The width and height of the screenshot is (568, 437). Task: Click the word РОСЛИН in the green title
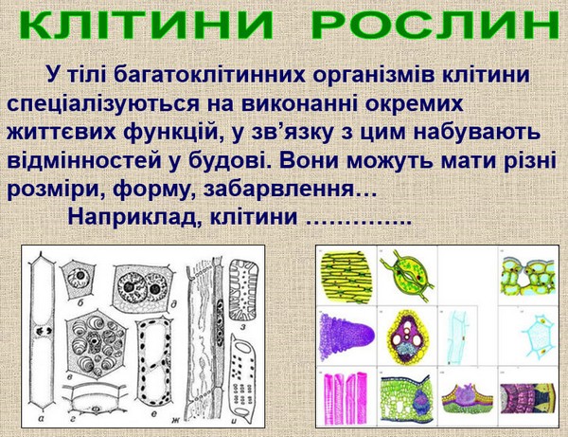[435, 25]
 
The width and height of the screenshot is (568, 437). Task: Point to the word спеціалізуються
[103, 104]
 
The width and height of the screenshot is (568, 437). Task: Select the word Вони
[311, 160]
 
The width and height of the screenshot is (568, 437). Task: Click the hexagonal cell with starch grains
[97, 343]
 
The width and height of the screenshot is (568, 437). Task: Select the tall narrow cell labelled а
[43, 334]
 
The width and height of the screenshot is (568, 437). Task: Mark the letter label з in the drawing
[243, 327]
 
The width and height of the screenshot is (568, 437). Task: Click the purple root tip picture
[346, 336]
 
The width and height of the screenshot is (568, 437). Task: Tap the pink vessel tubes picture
[343, 398]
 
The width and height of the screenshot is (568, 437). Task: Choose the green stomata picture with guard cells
[407, 276]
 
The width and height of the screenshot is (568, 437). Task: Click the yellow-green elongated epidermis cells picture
[347, 276]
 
